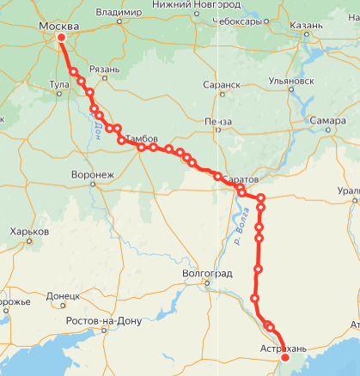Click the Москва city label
click(60, 26)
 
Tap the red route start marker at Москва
click(62, 37)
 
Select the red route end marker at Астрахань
click(285, 359)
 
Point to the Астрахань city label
click(281, 348)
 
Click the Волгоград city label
click(208, 273)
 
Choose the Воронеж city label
click(95, 174)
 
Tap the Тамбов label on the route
click(143, 138)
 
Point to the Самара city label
click(328, 120)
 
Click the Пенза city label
click(219, 122)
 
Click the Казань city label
click(307, 27)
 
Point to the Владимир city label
click(119, 13)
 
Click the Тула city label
click(60, 85)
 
